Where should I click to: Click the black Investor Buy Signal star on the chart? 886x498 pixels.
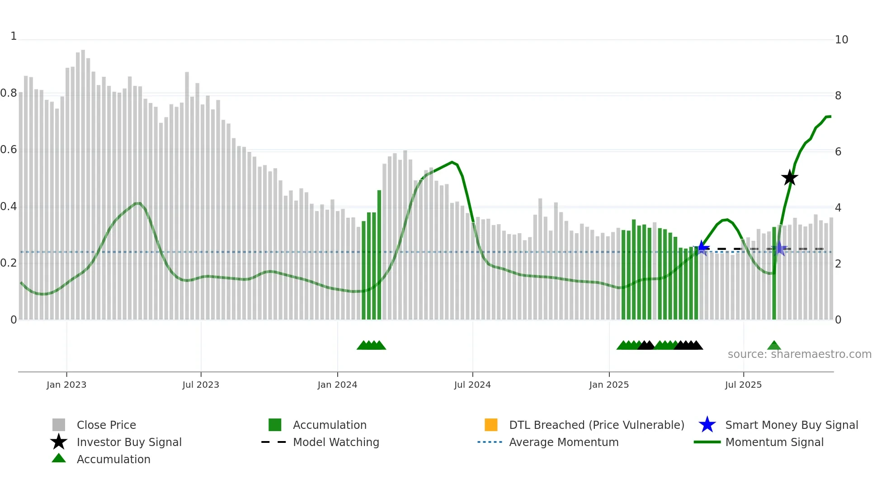coord(790,178)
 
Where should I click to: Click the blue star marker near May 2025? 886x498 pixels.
coord(702,248)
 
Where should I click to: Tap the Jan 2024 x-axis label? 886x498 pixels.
coord(337,385)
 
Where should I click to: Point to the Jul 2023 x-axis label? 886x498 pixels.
coord(201,385)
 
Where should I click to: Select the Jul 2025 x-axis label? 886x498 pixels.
coord(743,385)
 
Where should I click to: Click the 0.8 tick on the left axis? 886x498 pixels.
coord(9,93)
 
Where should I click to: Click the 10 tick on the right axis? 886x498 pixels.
coord(841,40)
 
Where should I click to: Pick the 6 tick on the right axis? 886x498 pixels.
coord(838,152)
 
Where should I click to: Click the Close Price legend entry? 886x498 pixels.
coord(106,425)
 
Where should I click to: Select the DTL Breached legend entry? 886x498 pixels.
coord(596,425)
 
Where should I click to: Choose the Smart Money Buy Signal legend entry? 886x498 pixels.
coord(791,425)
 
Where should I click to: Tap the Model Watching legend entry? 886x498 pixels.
coord(335,442)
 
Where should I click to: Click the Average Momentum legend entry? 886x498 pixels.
coord(563,442)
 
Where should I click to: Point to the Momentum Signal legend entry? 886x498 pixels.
coord(774,442)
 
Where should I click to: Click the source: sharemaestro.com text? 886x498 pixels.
coord(799,354)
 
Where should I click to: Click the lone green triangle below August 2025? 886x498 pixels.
coord(774,346)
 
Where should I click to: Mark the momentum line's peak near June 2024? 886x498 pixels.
coord(452,162)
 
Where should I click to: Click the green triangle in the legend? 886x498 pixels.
coord(59,458)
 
